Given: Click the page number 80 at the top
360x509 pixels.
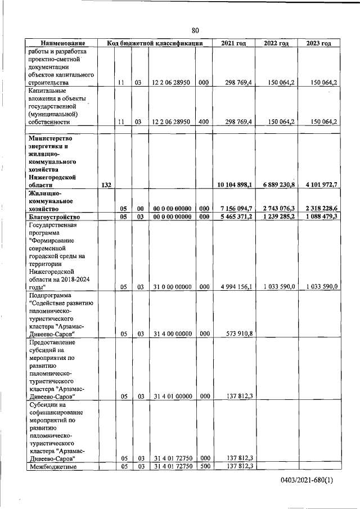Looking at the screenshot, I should [195, 30].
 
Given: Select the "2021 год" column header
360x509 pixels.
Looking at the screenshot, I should [233, 43].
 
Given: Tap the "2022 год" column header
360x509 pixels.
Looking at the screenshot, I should [276, 43].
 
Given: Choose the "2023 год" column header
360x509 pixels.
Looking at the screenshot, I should [319, 43].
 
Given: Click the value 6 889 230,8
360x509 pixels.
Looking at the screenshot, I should [277, 184].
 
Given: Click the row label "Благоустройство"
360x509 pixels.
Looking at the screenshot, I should [54, 217].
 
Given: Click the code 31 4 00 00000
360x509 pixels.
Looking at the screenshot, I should [172, 334].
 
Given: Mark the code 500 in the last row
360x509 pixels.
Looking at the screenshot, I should [204, 466].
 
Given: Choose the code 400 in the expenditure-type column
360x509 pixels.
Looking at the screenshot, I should [204, 121].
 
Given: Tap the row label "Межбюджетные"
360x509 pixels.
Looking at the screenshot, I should [52, 466].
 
